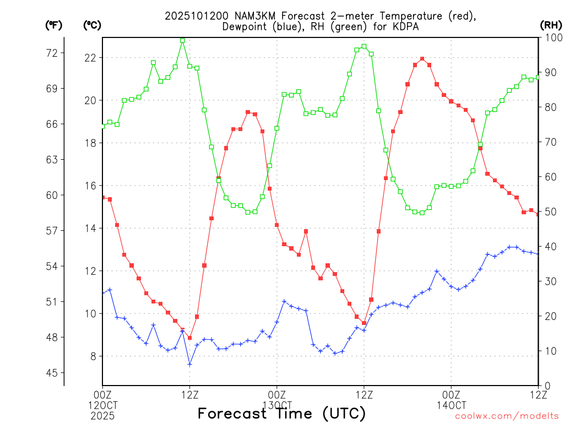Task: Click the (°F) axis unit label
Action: [53, 25]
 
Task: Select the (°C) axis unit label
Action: [92, 25]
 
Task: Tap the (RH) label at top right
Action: [550, 25]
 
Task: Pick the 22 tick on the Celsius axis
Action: [90, 58]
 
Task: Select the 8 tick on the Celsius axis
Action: [93, 356]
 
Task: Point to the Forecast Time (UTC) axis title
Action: [281, 413]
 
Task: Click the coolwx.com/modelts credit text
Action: [507, 416]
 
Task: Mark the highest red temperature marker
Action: [422, 59]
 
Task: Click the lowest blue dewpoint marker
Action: [189, 364]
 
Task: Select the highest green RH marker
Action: [182, 40]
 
